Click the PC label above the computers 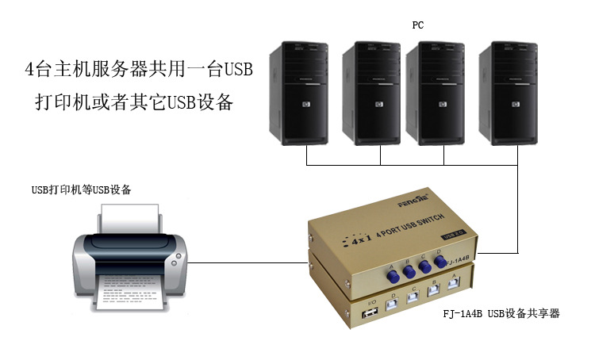click(417, 25)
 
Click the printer click(130, 253)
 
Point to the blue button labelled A click(393, 274)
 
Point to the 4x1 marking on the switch click(361, 238)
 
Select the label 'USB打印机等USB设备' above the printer click(82, 190)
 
